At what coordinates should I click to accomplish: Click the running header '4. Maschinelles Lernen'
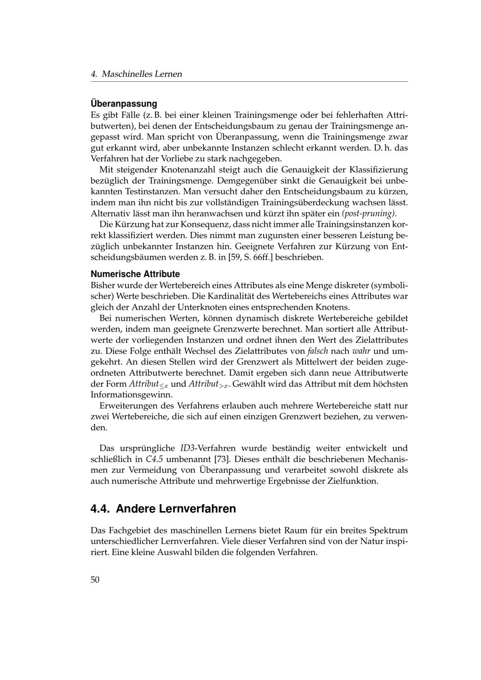(136, 74)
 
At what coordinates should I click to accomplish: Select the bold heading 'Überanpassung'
(124, 103)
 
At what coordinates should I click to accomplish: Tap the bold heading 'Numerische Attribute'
(135, 274)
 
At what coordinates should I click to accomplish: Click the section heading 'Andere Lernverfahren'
(176, 509)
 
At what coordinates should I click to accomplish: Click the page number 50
(95, 579)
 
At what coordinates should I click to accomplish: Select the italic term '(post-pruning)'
(369, 213)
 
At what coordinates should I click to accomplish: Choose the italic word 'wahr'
(361, 351)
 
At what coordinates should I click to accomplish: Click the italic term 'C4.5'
(154, 459)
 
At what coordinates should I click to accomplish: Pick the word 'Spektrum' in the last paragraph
(389, 530)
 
